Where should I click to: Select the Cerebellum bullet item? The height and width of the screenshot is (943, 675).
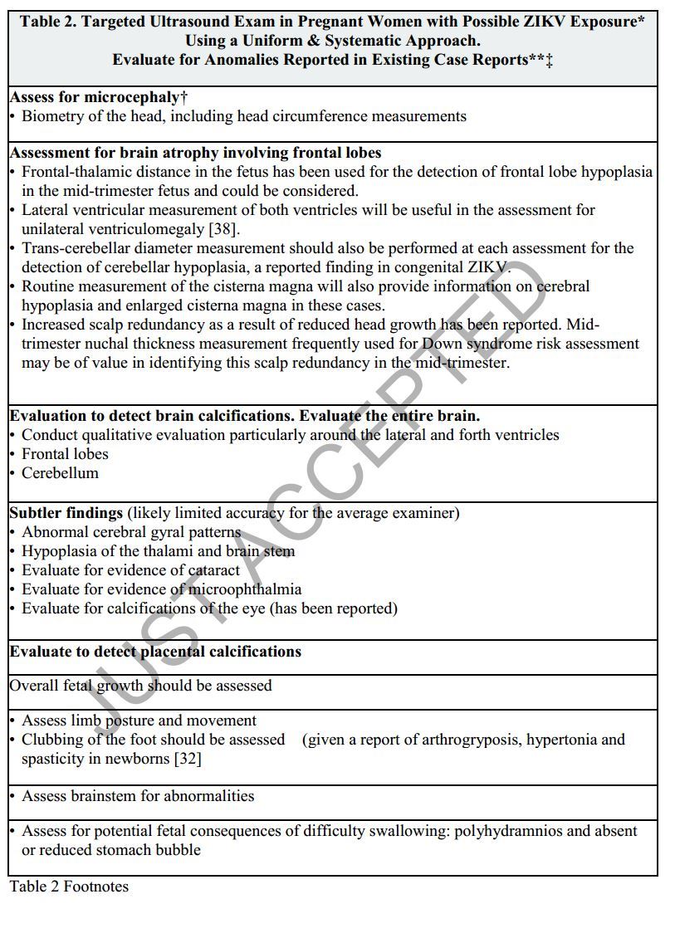click(x=60, y=472)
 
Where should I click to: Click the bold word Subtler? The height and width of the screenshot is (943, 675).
click(x=37, y=512)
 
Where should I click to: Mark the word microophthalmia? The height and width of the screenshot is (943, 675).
click(x=245, y=589)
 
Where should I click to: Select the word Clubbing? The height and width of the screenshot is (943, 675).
click(x=54, y=740)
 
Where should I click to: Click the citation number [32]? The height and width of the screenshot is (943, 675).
click(x=188, y=759)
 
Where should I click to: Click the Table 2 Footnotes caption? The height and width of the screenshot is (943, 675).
click(x=69, y=887)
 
